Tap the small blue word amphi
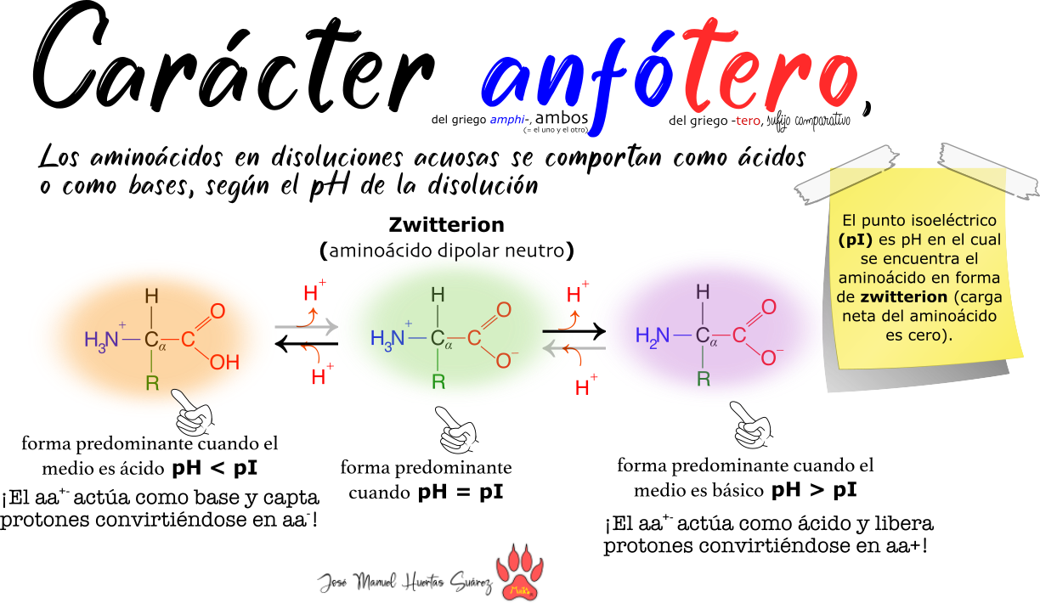pyautogui.click(x=507, y=121)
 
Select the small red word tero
pyautogui.click(x=748, y=121)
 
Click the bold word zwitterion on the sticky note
pyautogui.click(x=902, y=297)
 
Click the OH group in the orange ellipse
pyautogui.click(x=224, y=363)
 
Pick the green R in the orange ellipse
pyautogui.click(x=152, y=383)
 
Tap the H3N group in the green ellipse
pyautogui.click(x=388, y=338)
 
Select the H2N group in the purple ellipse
pyautogui.click(x=653, y=335)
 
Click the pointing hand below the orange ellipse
pyautogui.click(x=194, y=414)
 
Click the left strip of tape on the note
pyautogui.click(x=847, y=175)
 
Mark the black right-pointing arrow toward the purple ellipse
pyautogui.click(x=574, y=330)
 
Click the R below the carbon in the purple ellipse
pyautogui.click(x=704, y=379)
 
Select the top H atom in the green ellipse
pyautogui.click(x=438, y=295)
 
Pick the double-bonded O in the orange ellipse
pyautogui.click(x=218, y=311)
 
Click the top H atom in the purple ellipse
pyautogui.click(x=703, y=292)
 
